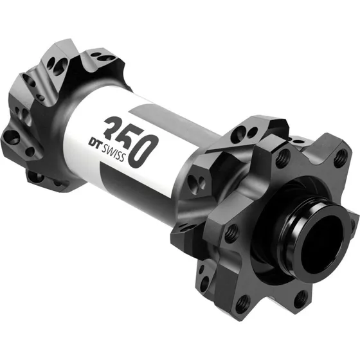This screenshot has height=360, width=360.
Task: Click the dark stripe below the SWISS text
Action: (129, 183)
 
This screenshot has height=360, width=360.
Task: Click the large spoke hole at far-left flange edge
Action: (11, 136)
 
